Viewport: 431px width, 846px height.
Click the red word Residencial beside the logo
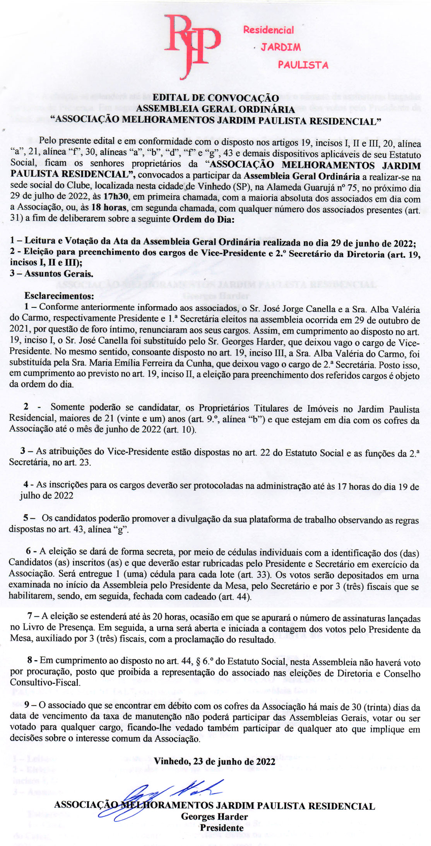268,30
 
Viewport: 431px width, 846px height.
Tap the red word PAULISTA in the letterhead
303,65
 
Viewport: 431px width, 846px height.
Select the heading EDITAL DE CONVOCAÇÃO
215,98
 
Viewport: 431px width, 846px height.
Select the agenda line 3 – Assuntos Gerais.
52,274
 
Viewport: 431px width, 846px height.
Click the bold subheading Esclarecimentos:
59,296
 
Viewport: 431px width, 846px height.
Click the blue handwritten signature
170,798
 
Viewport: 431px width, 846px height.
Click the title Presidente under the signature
222,828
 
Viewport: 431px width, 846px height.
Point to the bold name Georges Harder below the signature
214,817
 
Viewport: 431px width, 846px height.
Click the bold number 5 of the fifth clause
26,518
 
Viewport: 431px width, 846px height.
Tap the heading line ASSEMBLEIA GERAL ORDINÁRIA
215,109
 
